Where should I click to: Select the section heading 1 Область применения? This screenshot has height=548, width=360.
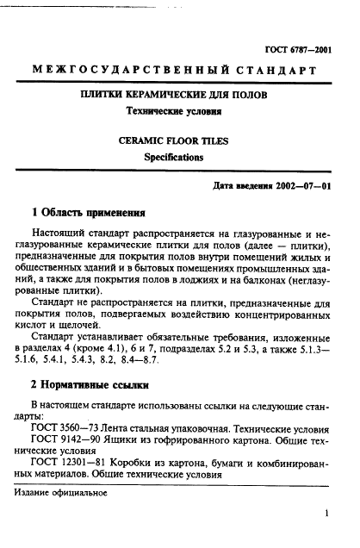[86, 211]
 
